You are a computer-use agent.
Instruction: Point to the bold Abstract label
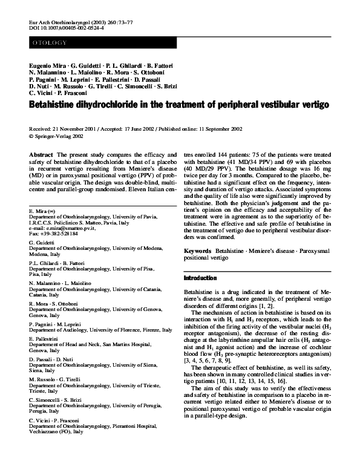(x=41, y=156)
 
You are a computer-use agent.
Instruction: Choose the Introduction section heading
(x=200, y=278)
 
